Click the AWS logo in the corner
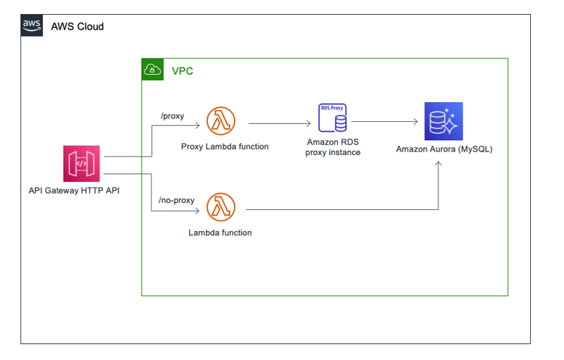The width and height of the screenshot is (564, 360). click(32, 25)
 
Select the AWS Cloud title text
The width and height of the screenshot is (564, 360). click(78, 27)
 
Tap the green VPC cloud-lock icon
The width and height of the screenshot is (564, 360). click(152, 69)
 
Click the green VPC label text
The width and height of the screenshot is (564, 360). click(183, 70)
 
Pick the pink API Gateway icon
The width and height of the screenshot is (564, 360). click(82, 163)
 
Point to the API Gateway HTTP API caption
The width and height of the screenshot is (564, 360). click(74, 190)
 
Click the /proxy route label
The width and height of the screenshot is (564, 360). click(172, 116)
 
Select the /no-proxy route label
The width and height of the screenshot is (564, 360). click(177, 200)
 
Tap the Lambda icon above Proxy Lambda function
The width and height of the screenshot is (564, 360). click(221, 120)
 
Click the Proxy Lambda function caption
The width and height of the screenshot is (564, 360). click(225, 147)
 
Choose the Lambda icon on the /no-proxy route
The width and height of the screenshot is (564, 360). click(221, 207)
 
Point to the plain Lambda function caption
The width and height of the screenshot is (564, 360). click(220, 232)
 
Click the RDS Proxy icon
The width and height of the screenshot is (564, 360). click(333, 118)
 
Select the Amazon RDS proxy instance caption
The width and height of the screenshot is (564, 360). click(333, 147)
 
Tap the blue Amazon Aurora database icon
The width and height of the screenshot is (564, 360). click(443, 121)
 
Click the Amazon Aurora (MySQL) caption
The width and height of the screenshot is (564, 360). click(444, 149)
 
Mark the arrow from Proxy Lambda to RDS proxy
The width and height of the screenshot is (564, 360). click(279, 123)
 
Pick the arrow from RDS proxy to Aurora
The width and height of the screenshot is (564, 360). click(384, 122)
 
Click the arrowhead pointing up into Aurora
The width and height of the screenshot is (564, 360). click(438, 164)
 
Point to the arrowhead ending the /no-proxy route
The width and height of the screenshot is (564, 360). click(197, 211)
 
